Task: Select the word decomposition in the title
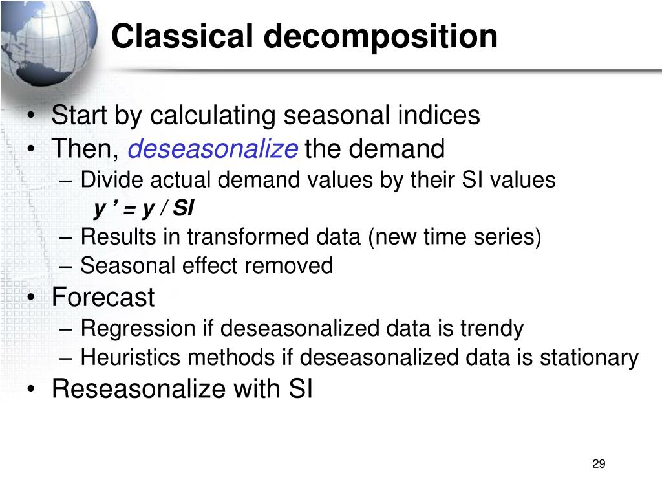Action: click(x=380, y=38)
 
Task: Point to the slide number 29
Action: click(x=598, y=464)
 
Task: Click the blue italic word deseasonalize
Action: click(x=213, y=149)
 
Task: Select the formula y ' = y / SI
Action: click(x=144, y=209)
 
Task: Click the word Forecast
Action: click(x=103, y=298)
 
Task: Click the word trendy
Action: click(x=491, y=329)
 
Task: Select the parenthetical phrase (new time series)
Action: click(x=454, y=237)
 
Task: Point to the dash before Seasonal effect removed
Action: click(x=70, y=265)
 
